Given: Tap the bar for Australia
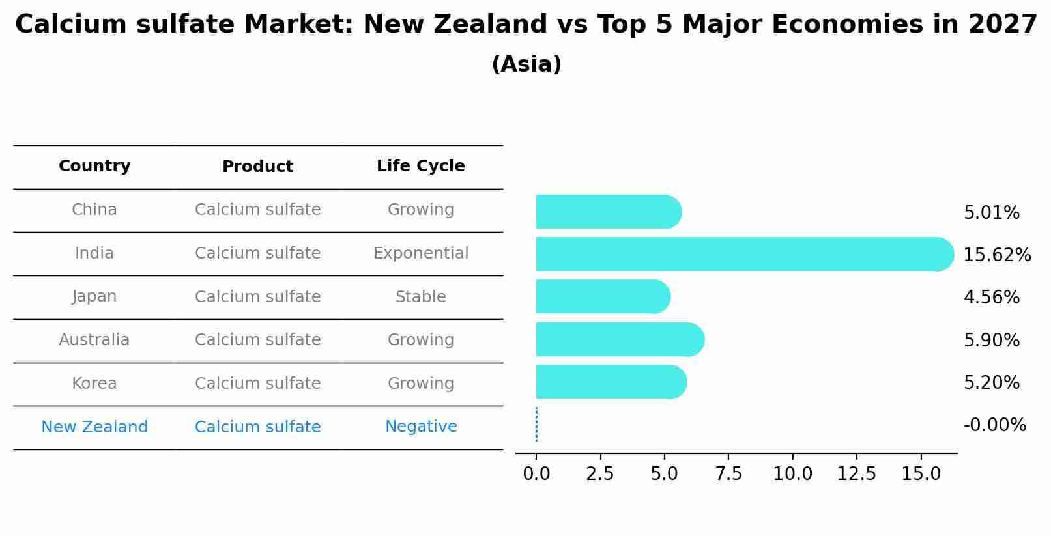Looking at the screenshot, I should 619,339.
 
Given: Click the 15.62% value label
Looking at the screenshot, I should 997,255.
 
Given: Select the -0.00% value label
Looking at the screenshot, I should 994,425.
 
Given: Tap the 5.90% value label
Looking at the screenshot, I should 991,340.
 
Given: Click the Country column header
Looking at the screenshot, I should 94,166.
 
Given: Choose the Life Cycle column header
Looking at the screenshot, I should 420,166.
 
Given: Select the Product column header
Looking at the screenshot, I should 257,167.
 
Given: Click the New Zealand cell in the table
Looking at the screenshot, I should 94,427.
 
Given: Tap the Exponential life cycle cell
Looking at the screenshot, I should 420,253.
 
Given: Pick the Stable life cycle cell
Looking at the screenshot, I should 420,297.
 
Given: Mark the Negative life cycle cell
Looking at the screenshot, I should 420,427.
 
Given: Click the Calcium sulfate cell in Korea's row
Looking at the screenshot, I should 257,384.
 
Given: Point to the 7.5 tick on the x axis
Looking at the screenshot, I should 728,473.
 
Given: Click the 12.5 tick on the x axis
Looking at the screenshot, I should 856,473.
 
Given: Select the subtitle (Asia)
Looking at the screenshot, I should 526,64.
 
